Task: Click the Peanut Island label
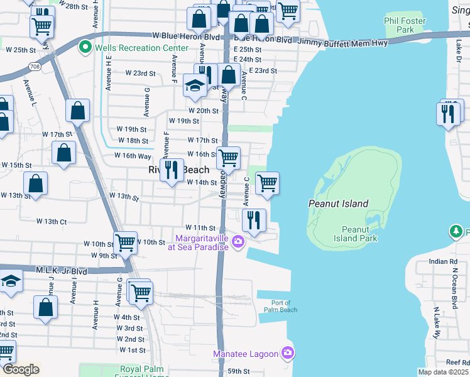338,204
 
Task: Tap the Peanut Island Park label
359,234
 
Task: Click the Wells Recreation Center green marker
84,48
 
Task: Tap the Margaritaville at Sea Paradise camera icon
238,242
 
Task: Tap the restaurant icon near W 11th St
254,220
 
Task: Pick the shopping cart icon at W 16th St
228,158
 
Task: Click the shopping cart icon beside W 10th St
125,242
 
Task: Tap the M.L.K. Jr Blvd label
62,271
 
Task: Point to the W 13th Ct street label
52,221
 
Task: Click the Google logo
21,369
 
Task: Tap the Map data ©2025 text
443,372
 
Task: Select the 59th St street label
239,371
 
